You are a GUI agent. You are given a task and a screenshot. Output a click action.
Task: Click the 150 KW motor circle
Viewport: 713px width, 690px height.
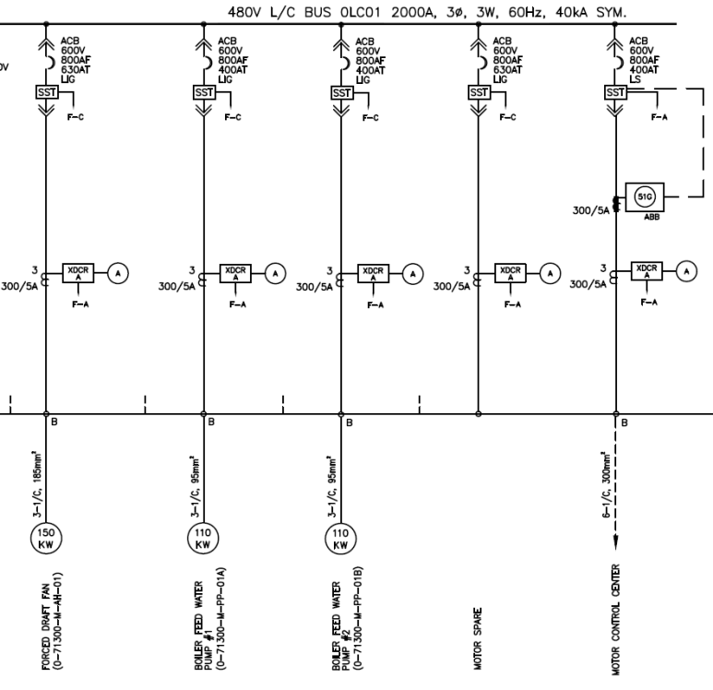point(44,540)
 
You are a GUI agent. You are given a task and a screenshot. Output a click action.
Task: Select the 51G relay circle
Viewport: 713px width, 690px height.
point(643,196)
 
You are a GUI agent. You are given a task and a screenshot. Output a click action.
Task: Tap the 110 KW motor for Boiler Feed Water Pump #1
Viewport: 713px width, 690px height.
point(203,540)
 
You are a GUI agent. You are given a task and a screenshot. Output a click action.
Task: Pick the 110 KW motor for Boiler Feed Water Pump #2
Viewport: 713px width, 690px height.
point(340,540)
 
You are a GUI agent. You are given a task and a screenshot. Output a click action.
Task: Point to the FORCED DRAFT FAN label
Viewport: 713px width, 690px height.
point(48,615)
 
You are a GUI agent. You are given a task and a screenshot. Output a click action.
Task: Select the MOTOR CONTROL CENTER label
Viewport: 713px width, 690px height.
point(615,620)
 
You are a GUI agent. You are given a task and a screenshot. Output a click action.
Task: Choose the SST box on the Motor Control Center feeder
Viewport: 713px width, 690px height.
point(615,92)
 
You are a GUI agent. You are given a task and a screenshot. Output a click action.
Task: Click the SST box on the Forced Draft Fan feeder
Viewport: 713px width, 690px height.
point(44,92)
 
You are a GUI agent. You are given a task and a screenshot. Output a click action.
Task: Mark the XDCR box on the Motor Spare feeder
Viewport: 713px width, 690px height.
point(510,271)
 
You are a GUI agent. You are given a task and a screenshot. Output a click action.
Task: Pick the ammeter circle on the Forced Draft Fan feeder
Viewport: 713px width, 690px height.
point(117,271)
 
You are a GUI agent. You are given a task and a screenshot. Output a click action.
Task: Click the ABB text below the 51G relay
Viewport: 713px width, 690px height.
point(643,220)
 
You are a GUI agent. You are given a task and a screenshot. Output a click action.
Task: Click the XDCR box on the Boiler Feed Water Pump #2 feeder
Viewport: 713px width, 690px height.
point(373,271)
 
